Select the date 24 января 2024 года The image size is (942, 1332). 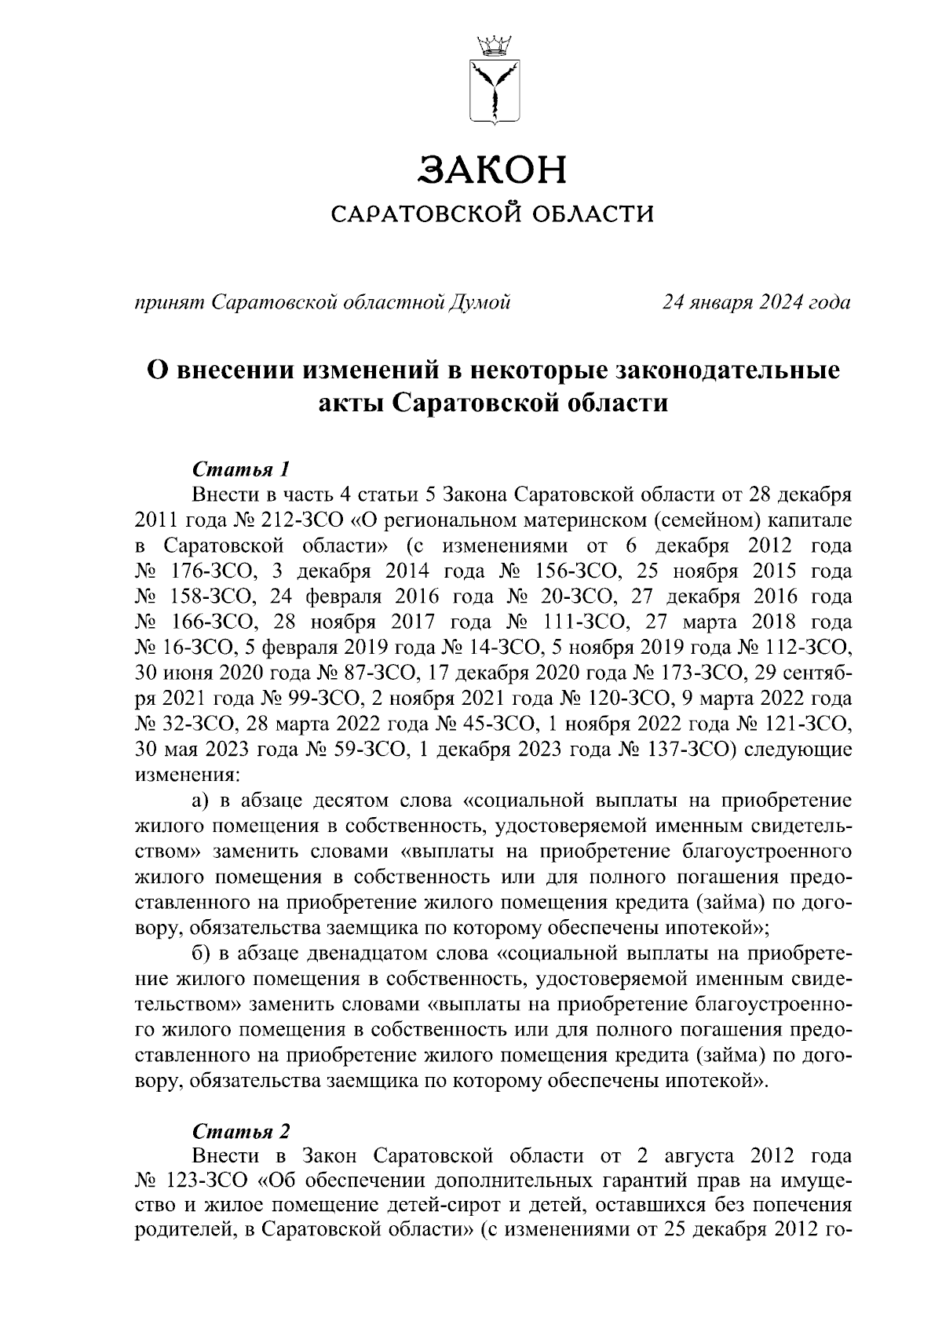pos(756,301)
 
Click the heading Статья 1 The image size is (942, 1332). pos(241,470)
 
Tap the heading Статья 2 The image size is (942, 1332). pos(241,1132)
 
